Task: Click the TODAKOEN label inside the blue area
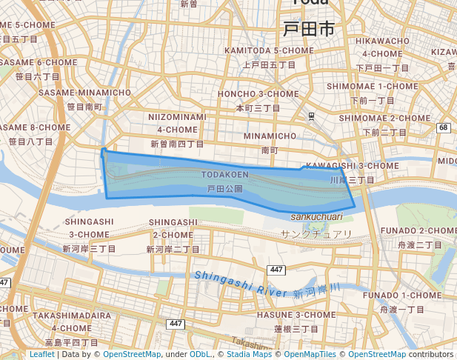[x=224, y=175]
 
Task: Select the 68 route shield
[x=444, y=127]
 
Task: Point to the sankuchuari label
[x=316, y=216]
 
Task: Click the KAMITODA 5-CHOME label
[x=261, y=50]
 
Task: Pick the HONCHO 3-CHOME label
[x=258, y=94]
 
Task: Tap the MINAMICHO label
[x=270, y=136]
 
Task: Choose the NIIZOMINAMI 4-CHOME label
[x=177, y=123]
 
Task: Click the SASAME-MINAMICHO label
[x=84, y=93]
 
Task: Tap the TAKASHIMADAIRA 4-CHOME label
[x=71, y=321]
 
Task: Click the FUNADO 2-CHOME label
[x=419, y=230]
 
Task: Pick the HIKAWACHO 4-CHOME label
[x=382, y=47]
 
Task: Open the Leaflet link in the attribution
[x=41, y=354]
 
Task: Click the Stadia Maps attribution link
[x=249, y=354]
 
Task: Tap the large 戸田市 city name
[x=308, y=30]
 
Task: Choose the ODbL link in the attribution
[x=200, y=354]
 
